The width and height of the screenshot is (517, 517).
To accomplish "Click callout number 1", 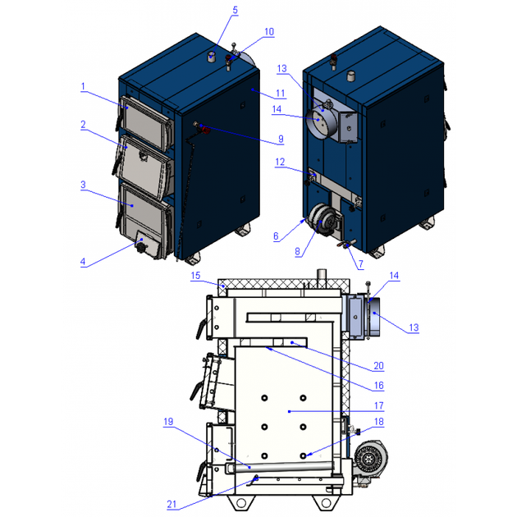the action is pos(83,86).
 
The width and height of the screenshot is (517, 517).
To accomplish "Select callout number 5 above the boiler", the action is pos(235,10).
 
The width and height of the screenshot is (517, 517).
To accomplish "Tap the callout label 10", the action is pos(269,32).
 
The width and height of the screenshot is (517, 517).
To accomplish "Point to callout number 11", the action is pos(281,94).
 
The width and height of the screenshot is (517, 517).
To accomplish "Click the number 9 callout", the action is pos(281,139).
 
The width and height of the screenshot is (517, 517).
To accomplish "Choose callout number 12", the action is pos(280,162).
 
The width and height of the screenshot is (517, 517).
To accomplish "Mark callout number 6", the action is pos(276,236).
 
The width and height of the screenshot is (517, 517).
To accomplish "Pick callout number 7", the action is pos(361,263).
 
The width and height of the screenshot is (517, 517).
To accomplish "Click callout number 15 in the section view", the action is pos(195,275).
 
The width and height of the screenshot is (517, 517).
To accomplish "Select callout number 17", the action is pos(379,405).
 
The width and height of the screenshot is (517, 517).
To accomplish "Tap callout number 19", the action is pos(168,421).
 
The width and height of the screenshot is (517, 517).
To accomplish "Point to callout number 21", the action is pos(172,504).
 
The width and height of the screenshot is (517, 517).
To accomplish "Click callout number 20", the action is pos(379,366).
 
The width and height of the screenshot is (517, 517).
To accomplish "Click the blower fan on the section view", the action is pos(370,458).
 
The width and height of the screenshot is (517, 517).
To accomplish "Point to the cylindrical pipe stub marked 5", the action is pos(211,57).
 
